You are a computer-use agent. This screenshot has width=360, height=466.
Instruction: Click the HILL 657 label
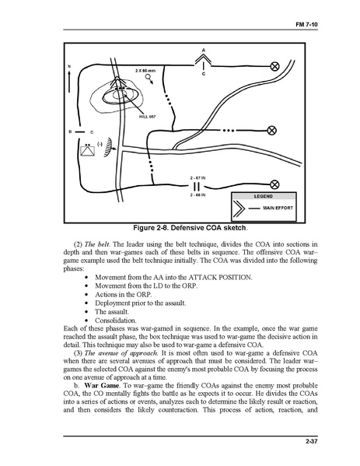[x=147, y=117]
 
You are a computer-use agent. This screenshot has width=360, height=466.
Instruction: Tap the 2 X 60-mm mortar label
[x=145, y=71]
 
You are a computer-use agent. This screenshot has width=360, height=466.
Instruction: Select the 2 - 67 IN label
[x=197, y=178]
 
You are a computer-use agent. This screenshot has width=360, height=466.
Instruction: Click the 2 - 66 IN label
[x=197, y=195]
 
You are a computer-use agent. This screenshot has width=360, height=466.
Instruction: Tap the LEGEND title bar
[x=264, y=197]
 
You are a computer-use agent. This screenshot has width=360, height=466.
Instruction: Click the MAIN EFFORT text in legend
[x=278, y=208]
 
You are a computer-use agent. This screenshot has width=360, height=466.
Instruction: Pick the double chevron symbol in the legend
[x=239, y=208]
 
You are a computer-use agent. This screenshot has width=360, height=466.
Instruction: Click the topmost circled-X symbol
[x=274, y=66]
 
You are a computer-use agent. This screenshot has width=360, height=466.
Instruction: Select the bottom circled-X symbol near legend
[x=274, y=185]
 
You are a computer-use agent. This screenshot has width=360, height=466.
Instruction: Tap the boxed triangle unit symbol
[x=88, y=151]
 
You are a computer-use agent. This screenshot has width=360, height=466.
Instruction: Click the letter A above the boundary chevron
[x=204, y=51]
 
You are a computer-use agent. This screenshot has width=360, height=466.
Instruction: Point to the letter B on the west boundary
[x=71, y=131]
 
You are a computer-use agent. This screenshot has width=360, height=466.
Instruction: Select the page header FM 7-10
[x=306, y=25]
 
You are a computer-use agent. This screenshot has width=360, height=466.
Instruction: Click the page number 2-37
[x=312, y=441]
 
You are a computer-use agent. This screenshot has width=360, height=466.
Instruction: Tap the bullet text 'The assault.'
[x=112, y=312]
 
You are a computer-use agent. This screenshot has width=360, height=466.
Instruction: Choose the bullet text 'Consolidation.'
[x=116, y=321]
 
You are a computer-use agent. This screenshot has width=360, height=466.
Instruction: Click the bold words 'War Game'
[x=102, y=385]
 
